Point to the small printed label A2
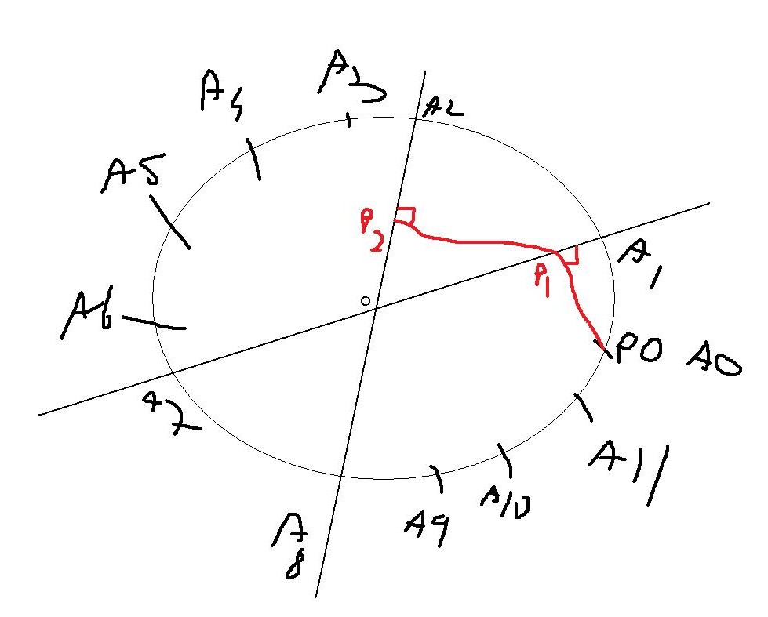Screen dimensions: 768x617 click(x=443, y=107)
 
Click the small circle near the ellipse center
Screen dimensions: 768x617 click(x=365, y=301)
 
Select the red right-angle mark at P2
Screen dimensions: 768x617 click(x=406, y=216)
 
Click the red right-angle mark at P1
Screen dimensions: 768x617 click(x=570, y=255)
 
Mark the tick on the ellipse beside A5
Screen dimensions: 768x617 click(x=169, y=222)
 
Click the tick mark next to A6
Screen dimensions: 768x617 click(x=154, y=321)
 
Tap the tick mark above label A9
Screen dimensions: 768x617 click(x=438, y=477)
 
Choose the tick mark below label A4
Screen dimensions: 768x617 click(x=253, y=159)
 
